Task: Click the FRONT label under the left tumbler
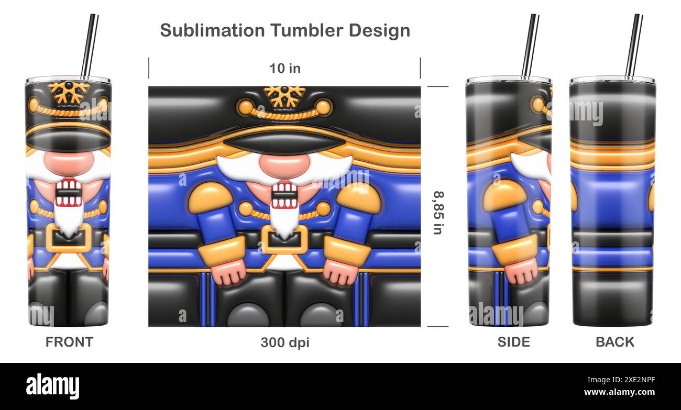pyautogui.click(x=69, y=342)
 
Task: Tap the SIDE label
pyautogui.click(x=513, y=342)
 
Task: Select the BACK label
pyautogui.click(x=614, y=342)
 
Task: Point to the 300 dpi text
pyautogui.click(x=285, y=342)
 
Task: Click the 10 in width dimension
pyautogui.click(x=284, y=68)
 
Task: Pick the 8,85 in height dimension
pyautogui.click(x=437, y=212)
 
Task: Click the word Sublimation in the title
pyautogui.click(x=213, y=30)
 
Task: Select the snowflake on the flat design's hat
pyautogui.click(x=284, y=95)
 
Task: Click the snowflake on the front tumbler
pyautogui.click(x=69, y=92)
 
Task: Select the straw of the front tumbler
pyautogui.click(x=89, y=45)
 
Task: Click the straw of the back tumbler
pyautogui.click(x=634, y=45)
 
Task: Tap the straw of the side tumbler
pyautogui.click(x=530, y=45)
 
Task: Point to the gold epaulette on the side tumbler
pyautogui.click(x=504, y=195)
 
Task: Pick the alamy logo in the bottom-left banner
pyautogui.click(x=53, y=386)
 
